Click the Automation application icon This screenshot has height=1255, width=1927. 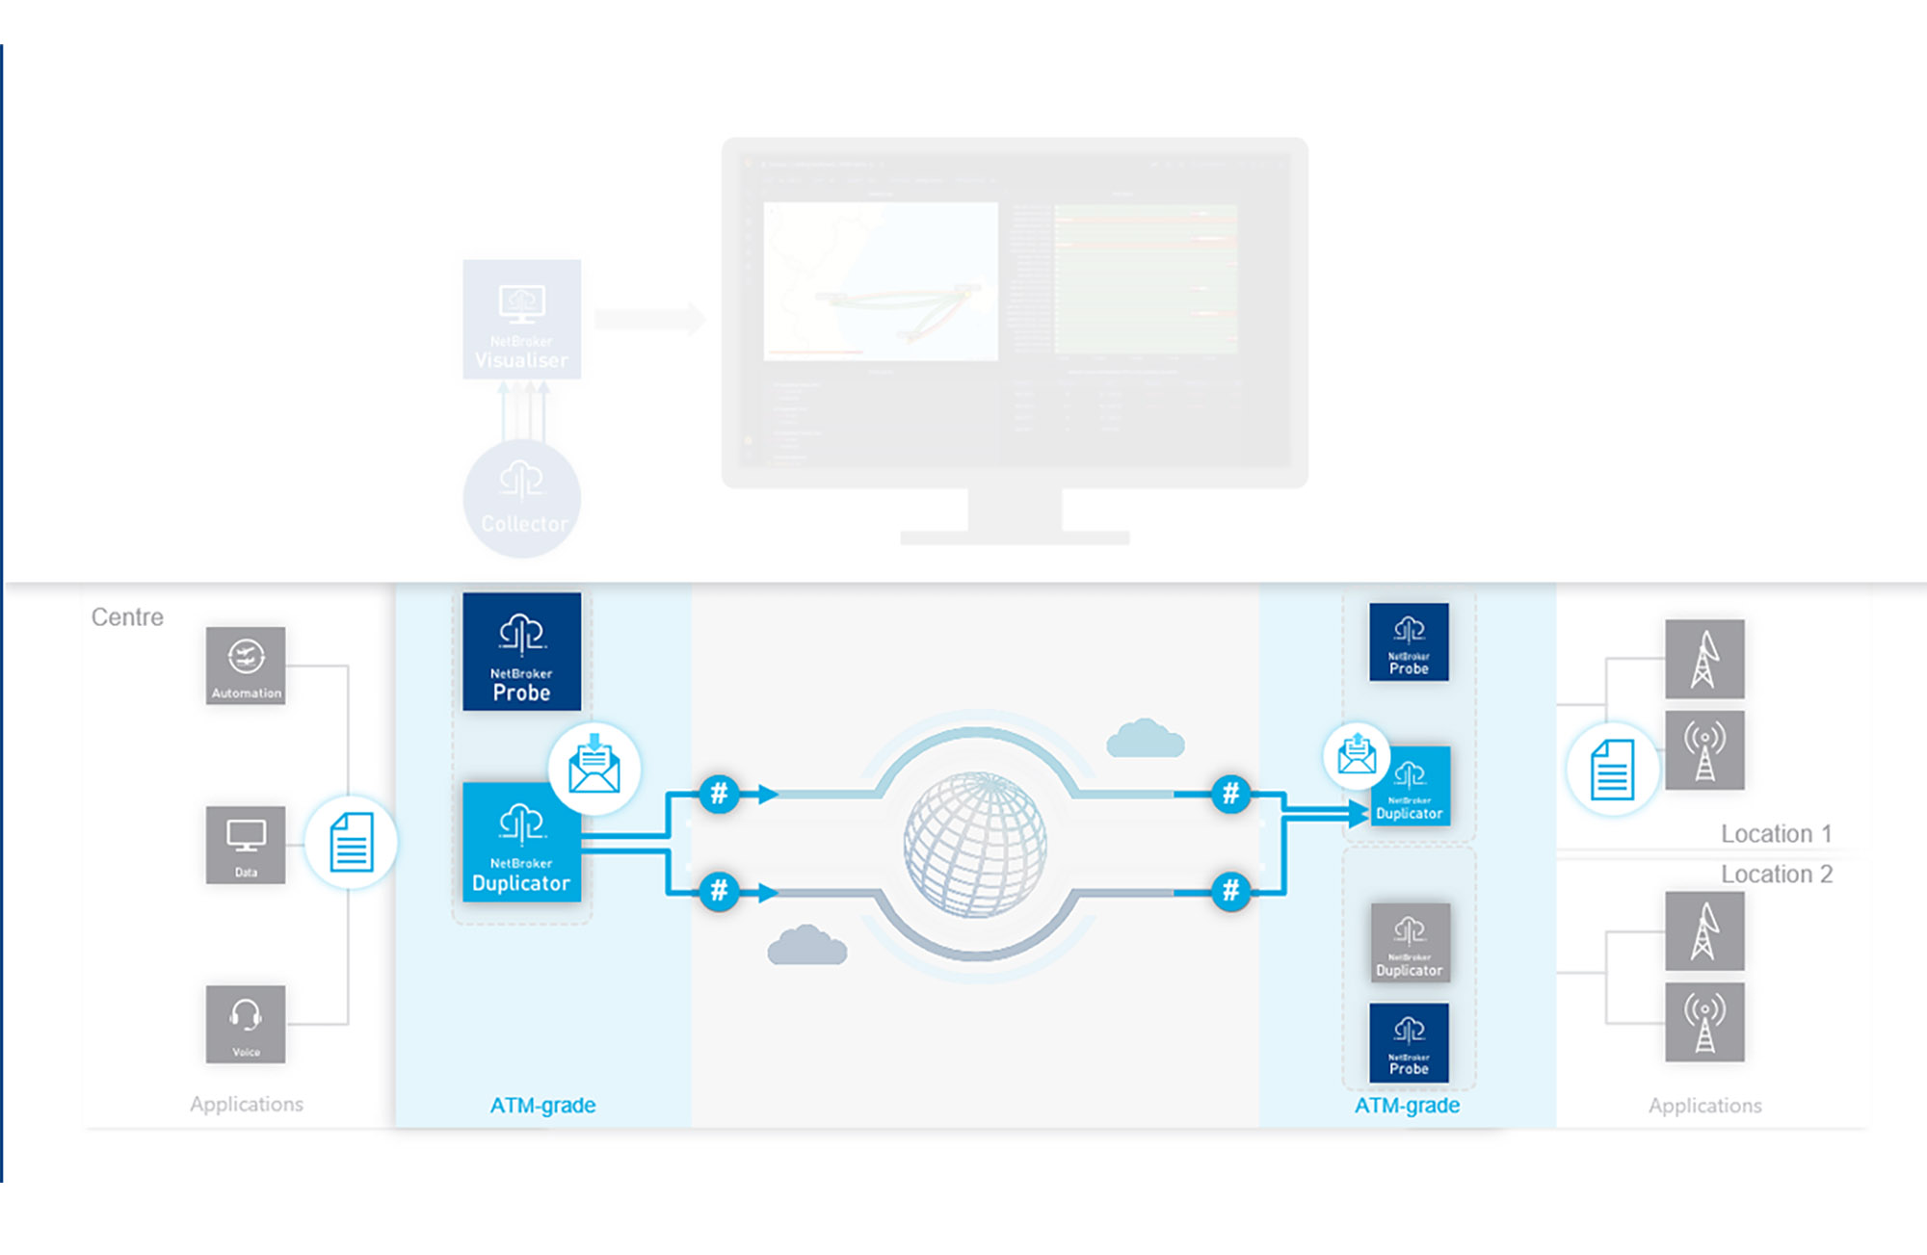point(246,666)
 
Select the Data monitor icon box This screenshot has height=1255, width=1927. point(246,845)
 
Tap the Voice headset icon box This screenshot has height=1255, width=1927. point(246,1024)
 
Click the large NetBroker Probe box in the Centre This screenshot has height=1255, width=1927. point(521,652)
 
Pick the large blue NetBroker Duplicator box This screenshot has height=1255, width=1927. point(521,843)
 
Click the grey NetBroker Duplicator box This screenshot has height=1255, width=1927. point(1410,942)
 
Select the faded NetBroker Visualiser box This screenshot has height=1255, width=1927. point(521,320)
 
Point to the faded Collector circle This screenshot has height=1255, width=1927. point(521,499)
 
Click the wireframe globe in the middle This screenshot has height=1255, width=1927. point(975,844)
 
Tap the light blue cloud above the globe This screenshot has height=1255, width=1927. point(1145,739)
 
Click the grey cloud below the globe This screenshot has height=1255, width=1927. point(806,946)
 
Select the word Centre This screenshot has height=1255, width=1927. point(127,617)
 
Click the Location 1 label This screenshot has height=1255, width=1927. point(1776,834)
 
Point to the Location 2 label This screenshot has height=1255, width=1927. point(1776,875)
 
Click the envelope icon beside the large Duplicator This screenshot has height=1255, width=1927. point(594,768)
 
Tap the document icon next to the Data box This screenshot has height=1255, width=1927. point(351,843)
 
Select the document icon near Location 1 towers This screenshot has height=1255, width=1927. point(1612,770)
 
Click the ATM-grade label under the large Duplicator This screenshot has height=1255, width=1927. point(542,1106)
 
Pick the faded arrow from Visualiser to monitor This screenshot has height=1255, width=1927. point(649,318)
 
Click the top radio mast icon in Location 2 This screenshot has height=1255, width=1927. point(1704,930)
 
